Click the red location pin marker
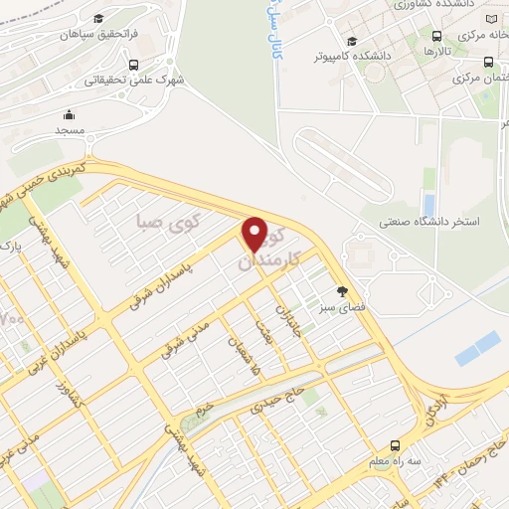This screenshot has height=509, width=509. coord(255,235)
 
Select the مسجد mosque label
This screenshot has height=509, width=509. coord(71,131)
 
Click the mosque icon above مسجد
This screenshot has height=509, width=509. coord(71,114)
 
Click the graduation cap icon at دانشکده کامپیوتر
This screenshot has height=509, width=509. coord(352,41)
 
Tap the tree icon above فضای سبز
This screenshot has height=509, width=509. coord(343,291)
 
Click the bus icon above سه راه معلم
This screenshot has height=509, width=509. coord(396,445)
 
